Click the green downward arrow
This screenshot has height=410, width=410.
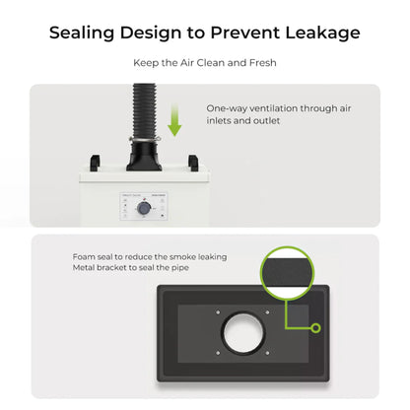point(175,123)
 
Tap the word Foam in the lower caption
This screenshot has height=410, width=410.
point(83,256)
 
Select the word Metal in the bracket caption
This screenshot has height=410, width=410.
point(85,268)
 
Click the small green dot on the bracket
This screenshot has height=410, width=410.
point(314,325)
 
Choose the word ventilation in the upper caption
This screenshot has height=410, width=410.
point(278,108)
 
